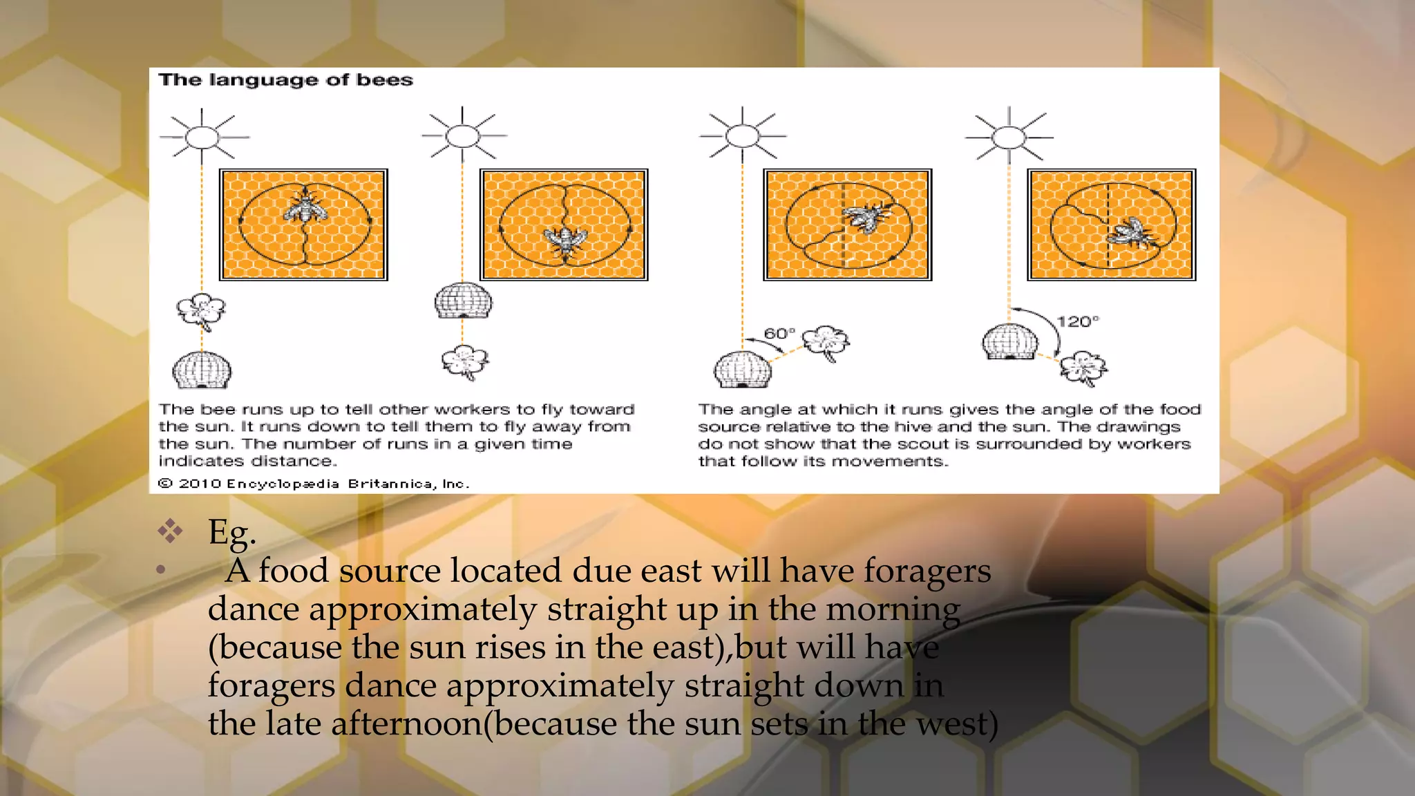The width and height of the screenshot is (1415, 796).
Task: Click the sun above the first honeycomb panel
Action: click(x=202, y=137)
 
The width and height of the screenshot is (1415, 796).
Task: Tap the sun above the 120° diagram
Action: click(x=1009, y=138)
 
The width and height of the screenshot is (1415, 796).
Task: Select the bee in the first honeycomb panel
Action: click(x=304, y=206)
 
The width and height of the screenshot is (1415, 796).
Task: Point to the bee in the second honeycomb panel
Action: click(x=565, y=240)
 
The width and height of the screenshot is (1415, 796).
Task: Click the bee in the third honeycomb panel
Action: click(x=865, y=217)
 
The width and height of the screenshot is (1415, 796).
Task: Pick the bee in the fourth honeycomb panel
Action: click(x=1131, y=232)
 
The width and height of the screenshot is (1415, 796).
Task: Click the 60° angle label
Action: click(x=779, y=334)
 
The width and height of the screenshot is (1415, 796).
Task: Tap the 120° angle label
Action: click(x=1077, y=321)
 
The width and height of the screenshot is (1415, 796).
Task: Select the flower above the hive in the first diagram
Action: click(x=201, y=311)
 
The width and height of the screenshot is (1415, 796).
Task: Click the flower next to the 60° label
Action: click(x=826, y=342)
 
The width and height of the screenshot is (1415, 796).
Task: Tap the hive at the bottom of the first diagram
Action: click(x=201, y=370)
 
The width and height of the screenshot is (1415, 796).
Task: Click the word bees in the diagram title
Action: click(x=384, y=80)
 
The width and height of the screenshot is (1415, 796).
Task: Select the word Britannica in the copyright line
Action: click(x=391, y=484)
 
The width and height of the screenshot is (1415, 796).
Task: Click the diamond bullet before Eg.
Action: click(x=170, y=531)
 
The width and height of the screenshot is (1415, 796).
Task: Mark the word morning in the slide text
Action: click(x=893, y=609)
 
